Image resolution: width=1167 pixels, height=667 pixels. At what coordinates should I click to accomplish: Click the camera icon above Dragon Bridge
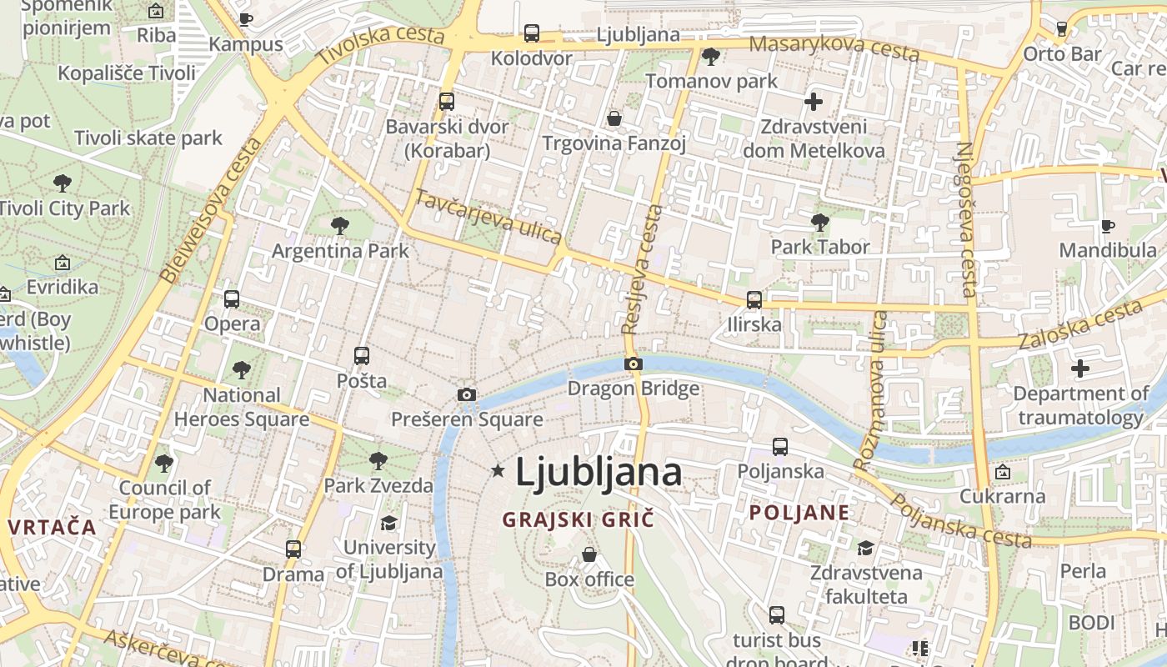tap(634, 364)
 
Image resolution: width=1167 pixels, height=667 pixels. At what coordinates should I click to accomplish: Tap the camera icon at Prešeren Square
tap(467, 394)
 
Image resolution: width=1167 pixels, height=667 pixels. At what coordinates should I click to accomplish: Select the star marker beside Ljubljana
tap(498, 471)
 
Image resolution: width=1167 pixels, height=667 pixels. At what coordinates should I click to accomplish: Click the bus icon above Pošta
tap(362, 356)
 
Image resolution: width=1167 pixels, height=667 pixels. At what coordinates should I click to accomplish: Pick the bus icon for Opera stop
tap(232, 298)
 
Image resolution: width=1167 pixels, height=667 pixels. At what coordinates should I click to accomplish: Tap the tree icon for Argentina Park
tap(339, 225)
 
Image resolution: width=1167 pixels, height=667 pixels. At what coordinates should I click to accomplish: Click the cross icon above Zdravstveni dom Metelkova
tap(814, 103)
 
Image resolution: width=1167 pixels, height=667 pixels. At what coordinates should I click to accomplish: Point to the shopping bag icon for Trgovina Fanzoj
tap(614, 118)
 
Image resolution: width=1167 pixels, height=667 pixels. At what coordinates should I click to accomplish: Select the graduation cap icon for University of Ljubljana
tap(388, 523)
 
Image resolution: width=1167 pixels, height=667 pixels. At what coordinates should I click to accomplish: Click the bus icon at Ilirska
tap(754, 299)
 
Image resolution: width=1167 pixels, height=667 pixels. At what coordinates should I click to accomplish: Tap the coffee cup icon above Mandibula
tap(1108, 226)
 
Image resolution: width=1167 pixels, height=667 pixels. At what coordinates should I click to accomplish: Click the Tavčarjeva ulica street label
tap(488, 216)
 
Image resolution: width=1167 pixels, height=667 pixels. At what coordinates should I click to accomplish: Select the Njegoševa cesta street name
tap(966, 219)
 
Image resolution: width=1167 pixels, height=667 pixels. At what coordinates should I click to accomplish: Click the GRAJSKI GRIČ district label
tap(578, 519)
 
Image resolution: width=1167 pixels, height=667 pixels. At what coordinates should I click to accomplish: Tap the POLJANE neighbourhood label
tap(799, 513)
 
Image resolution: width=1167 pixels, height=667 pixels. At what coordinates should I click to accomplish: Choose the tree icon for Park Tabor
tap(820, 222)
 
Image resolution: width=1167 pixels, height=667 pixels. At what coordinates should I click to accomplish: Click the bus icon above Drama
tap(293, 549)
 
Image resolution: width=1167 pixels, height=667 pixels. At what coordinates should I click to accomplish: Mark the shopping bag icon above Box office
tap(589, 554)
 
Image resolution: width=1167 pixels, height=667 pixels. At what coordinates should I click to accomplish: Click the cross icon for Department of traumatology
tap(1080, 368)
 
